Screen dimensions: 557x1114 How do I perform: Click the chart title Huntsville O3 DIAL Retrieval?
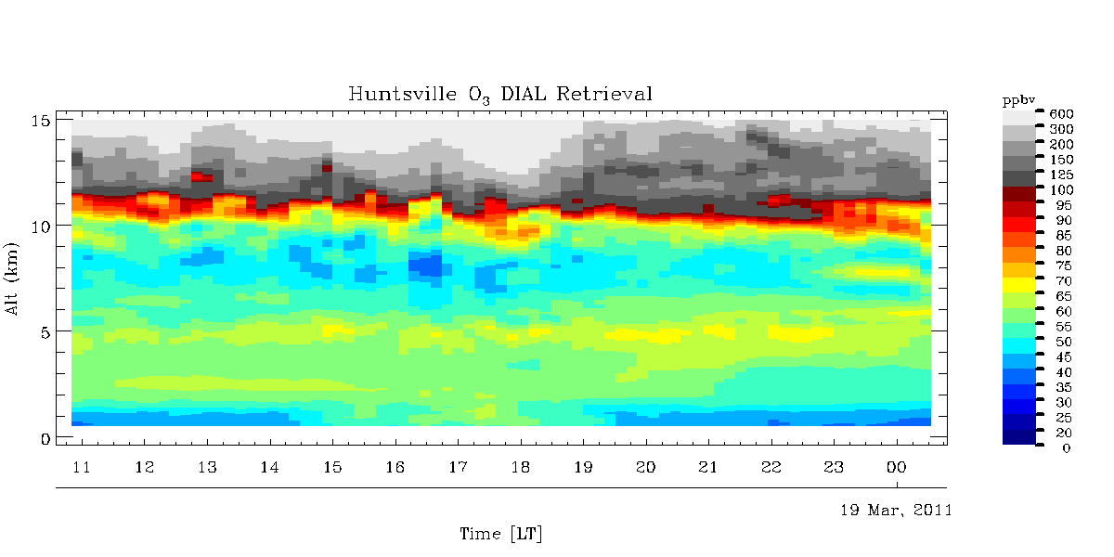pos(500,94)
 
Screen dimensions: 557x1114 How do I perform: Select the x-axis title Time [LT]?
pos(500,534)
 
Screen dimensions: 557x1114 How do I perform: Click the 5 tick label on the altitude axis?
pos(44,331)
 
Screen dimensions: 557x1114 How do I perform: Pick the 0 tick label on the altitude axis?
pos(44,437)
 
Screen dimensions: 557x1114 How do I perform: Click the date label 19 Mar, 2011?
pos(896,511)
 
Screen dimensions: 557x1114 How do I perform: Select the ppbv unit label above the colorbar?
pos(1017,99)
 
